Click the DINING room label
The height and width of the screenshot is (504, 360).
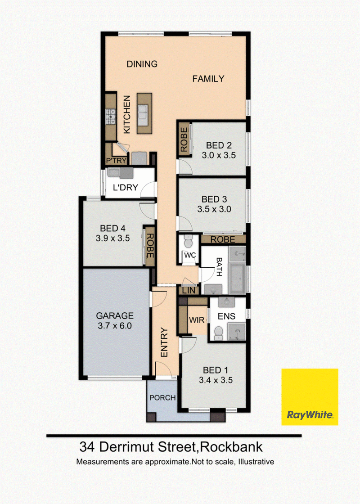(x=142, y=64)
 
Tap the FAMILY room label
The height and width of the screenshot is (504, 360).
(x=208, y=79)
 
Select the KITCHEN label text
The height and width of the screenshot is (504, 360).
(x=127, y=114)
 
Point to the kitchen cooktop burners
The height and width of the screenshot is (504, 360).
(x=111, y=117)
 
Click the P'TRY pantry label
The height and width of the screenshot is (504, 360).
(x=117, y=160)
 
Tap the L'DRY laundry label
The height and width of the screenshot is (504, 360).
(x=126, y=187)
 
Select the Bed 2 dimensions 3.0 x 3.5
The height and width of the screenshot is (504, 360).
(x=219, y=155)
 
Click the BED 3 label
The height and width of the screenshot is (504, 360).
(x=214, y=199)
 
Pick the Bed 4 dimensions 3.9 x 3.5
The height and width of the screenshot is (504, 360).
(x=113, y=238)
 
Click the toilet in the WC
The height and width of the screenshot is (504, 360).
(x=188, y=241)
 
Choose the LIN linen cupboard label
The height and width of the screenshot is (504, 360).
(x=189, y=291)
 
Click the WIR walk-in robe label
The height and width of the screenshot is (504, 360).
(x=197, y=320)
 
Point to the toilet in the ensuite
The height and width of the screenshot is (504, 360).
(x=219, y=333)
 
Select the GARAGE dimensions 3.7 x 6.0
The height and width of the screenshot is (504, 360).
(x=115, y=326)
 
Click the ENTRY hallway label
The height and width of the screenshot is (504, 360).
(x=164, y=342)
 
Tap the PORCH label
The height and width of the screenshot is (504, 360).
(x=162, y=398)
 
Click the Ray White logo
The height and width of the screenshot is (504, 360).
(x=310, y=397)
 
